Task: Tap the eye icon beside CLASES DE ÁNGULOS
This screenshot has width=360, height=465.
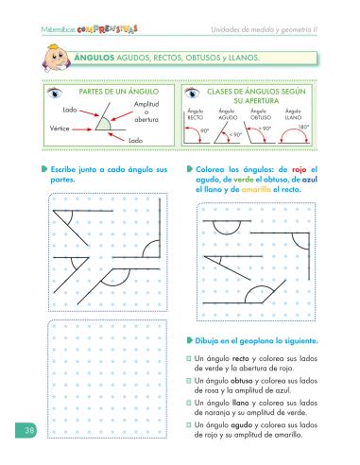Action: coord(194,94)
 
